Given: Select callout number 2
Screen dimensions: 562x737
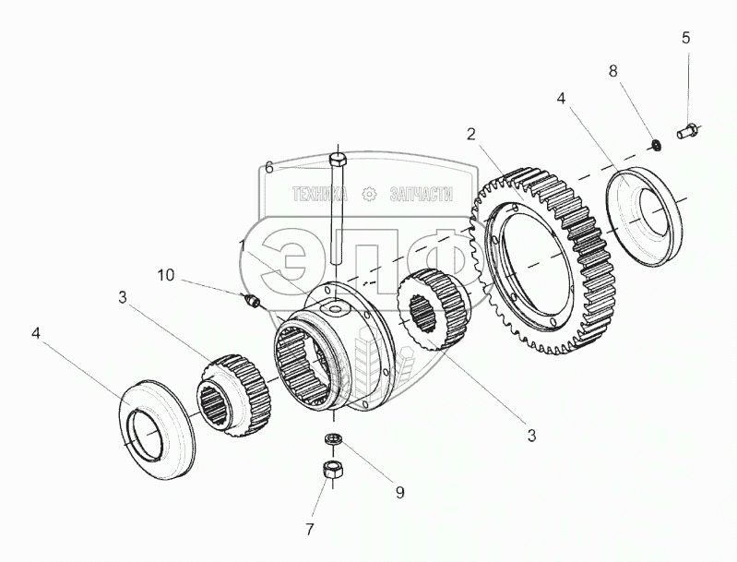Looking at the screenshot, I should [x=471, y=134].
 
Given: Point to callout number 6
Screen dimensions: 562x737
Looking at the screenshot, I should [x=269, y=167].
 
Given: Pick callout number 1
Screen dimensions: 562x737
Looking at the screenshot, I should [x=243, y=246].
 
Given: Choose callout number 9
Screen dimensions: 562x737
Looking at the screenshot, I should [x=400, y=493].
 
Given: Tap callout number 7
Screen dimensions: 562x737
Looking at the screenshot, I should [x=310, y=529].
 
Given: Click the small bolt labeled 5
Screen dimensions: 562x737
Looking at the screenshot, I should [x=686, y=132].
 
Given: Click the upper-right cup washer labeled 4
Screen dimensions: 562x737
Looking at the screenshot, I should [x=642, y=217].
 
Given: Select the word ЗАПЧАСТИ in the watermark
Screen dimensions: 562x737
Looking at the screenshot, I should [x=417, y=194].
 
